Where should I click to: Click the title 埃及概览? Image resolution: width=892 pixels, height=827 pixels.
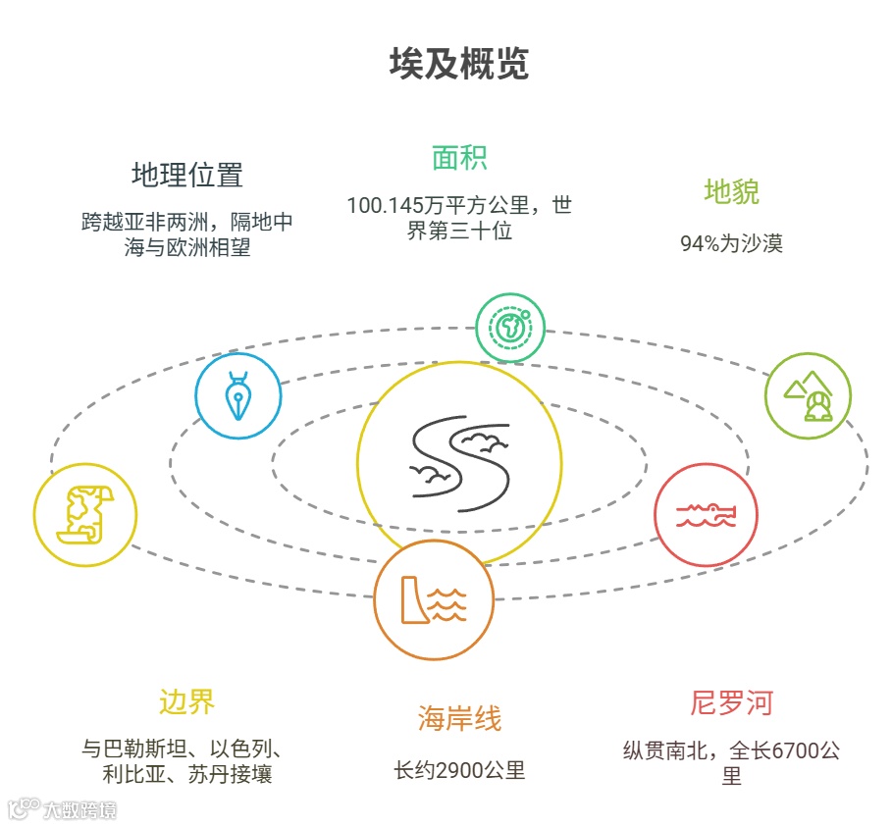(458, 64)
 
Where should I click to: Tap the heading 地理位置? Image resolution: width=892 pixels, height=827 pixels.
(186, 176)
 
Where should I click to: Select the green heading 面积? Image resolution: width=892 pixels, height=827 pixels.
(459, 158)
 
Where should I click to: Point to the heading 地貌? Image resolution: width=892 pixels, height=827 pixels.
(731, 191)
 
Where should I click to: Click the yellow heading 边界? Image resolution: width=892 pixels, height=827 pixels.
(186, 701)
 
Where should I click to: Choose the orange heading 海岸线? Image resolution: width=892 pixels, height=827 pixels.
(459, 719)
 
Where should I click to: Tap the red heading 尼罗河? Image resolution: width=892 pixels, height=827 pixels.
(731, 703)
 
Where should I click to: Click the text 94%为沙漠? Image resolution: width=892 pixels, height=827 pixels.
(731, 244)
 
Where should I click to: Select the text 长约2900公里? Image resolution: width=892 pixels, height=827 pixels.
(459, 770)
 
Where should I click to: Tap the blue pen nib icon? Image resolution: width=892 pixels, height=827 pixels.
(238, 396)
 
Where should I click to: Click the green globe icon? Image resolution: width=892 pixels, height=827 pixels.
(510, 328)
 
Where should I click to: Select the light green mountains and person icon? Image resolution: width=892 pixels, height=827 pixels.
(808, 395)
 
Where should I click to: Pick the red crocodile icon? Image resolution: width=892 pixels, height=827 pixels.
(706, 515)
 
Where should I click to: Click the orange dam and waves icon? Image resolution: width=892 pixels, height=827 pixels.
(433, 599)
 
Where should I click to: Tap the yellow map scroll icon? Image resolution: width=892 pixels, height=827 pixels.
(85, 514)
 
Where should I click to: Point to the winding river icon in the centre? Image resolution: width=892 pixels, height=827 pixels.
(459, 464)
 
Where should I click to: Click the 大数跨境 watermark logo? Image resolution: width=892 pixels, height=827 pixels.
(63, 810)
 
